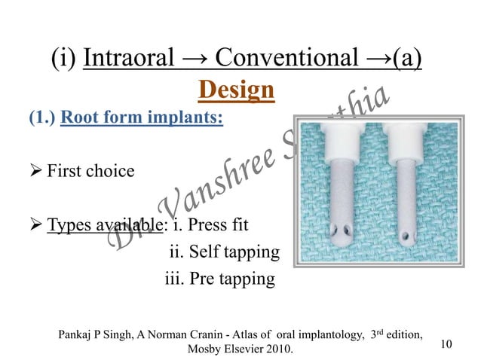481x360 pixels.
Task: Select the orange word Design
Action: click(x=235, y=90)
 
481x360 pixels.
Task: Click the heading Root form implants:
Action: click(x=141, y=119)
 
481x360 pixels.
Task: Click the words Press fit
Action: click(x=221, y=224)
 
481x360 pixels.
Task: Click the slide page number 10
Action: click(x=446, y=344)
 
